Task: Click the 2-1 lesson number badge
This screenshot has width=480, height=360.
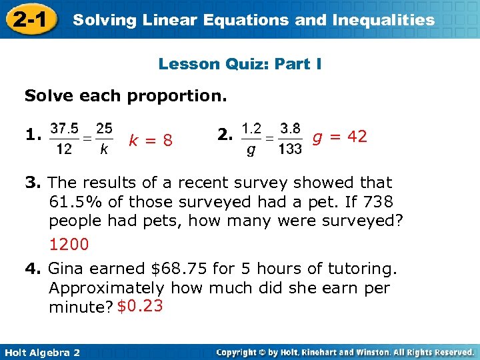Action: (x=29, y=19)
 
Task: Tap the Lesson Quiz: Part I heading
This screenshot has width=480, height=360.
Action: (x=240, y=64)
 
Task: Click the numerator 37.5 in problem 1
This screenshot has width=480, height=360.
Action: (x=63, y=127)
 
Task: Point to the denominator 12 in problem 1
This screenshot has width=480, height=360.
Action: (x=63, y=149)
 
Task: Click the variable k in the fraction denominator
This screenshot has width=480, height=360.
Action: (x=103, y=149)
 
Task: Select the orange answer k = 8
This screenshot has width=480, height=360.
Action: (x=151, y=140)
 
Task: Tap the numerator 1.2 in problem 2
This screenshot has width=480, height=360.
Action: (x=251, y=127)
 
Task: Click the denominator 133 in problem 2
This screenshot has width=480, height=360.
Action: (x=290, y=149)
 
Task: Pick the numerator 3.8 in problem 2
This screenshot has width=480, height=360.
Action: (x=290, y=127)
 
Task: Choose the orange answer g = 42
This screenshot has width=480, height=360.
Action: (x=340, y=137)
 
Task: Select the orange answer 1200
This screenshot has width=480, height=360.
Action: (x=69, y=245)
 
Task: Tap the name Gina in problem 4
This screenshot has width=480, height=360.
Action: (x=67, y=269)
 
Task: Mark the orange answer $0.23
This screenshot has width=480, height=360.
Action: (x=139, y=307)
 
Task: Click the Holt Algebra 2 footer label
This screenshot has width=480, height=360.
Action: (x=41, y=352)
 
